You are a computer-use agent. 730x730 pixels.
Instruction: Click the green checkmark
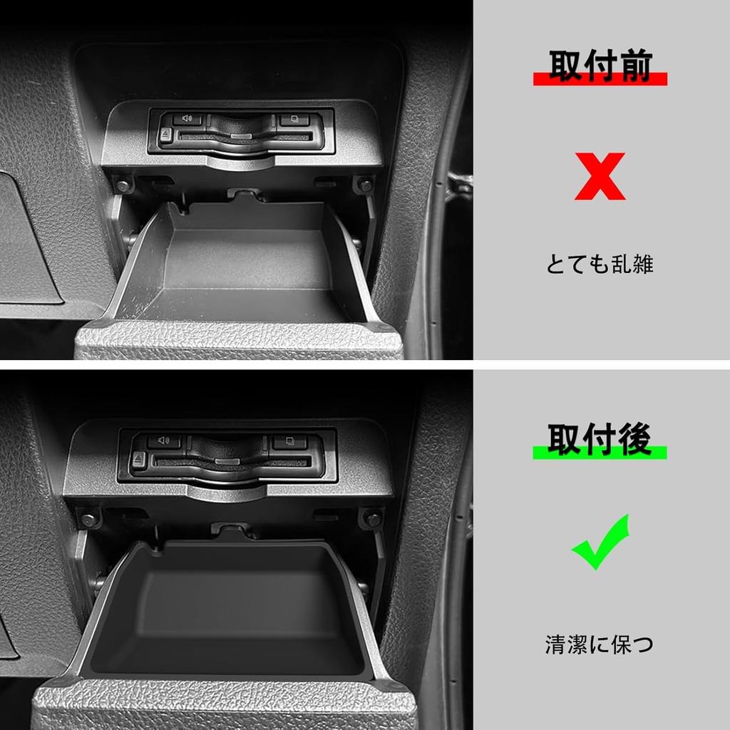pyautogui.click(x=600, y=543)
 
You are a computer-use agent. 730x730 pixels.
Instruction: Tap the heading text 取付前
pyautogui.click(x=600, y=66)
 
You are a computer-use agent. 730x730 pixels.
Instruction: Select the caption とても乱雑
pyautogui.click(x=600, y=264)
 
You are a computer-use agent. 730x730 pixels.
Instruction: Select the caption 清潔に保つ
pyautogui.click(x=600, y=645)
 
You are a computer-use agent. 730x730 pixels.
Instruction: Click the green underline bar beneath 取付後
pyautogui.click(x=600, y=452)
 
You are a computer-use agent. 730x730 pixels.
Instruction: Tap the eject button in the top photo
pyautogui.click(x=165, y=134)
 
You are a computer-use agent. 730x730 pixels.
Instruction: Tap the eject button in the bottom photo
pyautogui.click(x=138, y=460)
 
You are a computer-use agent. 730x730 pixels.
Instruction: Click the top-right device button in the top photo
pyautogui.click(x=293, y=120)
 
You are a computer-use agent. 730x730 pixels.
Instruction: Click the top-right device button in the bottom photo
pyautogui.click(x=290, y=442)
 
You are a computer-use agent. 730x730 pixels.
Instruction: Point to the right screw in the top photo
pyautogui.click(x=365, y=185)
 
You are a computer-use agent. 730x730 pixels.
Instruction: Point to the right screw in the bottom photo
pyautogui.click(x=371, y=518)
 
